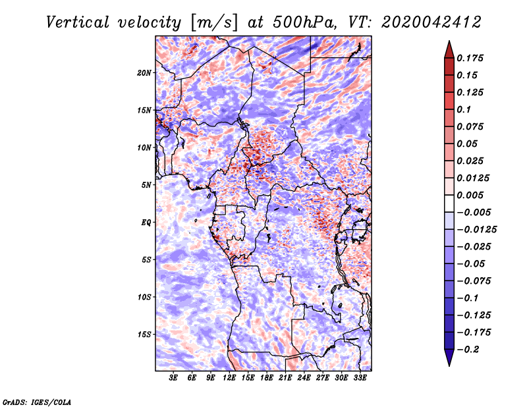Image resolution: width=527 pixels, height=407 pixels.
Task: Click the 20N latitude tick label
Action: [x=144, y=73]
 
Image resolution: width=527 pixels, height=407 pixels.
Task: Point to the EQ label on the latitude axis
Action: [x=146, y=223]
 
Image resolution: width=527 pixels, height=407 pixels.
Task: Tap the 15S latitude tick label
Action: [x=144, y=335]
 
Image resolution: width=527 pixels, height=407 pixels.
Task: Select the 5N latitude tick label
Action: [x=146, y=185]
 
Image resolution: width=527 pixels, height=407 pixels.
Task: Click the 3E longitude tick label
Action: [x=173, y=378]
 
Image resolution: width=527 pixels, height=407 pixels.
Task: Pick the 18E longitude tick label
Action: [x=267, y=378]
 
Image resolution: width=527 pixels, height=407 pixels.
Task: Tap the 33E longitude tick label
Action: [x=360, y=378]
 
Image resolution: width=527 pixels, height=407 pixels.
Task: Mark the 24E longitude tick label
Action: [x=304, y=378]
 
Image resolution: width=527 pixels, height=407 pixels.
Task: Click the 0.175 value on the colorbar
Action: [x=470, y=58]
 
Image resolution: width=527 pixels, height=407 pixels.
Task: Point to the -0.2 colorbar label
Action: [x=468, y=350]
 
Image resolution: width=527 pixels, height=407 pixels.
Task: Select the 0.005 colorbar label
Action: [x=470, y=195]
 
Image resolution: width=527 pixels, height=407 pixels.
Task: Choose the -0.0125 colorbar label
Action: [x=477, y=230]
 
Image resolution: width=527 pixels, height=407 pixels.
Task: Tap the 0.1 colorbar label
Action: [x=464, y=109]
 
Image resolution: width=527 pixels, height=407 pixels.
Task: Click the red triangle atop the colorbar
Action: [x=449, y=49]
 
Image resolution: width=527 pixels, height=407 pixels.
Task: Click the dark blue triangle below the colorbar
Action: [x=449, y=358]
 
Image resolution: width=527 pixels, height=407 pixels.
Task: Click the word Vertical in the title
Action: [x=78, y=22]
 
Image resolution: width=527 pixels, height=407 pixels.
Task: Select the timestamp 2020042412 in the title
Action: [x=431, y=22]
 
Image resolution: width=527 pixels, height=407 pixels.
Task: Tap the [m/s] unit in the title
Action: [x=214, y=22]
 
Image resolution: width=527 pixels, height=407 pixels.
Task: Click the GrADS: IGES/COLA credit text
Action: [x=37, y=402]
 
